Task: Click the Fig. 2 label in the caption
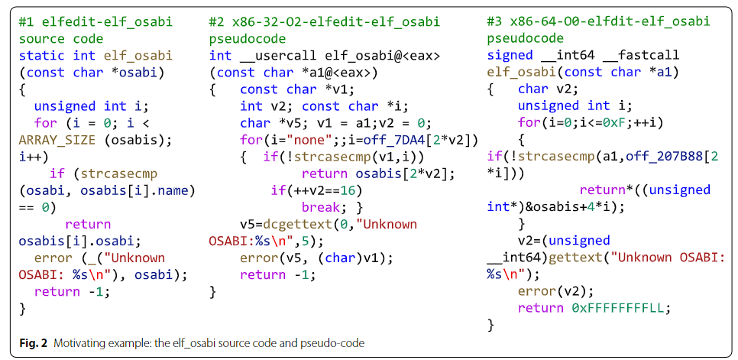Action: [31, 343]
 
